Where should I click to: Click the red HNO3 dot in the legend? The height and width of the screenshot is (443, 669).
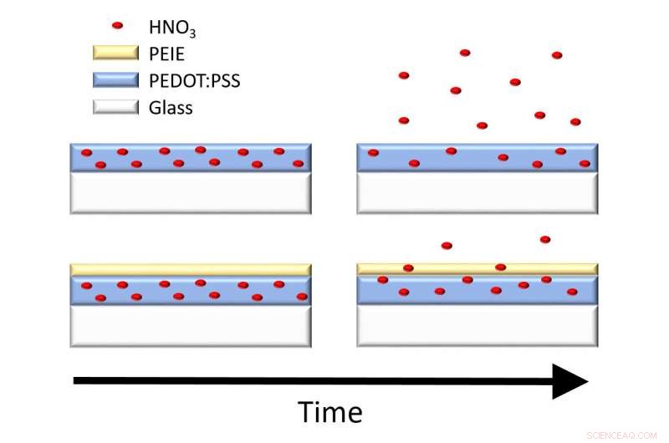tap(117, 27)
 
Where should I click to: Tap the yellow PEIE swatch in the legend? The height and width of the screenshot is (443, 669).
tap(115, 54)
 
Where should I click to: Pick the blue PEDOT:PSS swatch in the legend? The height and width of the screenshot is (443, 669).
tap(115, 81)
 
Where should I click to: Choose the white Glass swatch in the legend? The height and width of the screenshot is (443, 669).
tap(115, 108)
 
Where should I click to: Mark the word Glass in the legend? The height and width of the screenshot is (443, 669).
tap(171, 108)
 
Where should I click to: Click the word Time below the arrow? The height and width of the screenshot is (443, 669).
tap(331, 412)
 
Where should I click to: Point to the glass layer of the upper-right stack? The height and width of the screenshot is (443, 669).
tap(477, 193)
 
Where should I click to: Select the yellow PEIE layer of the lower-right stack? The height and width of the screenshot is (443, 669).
tap(477, 269)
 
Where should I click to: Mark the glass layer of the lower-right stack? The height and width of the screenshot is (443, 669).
tap(477, 326)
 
